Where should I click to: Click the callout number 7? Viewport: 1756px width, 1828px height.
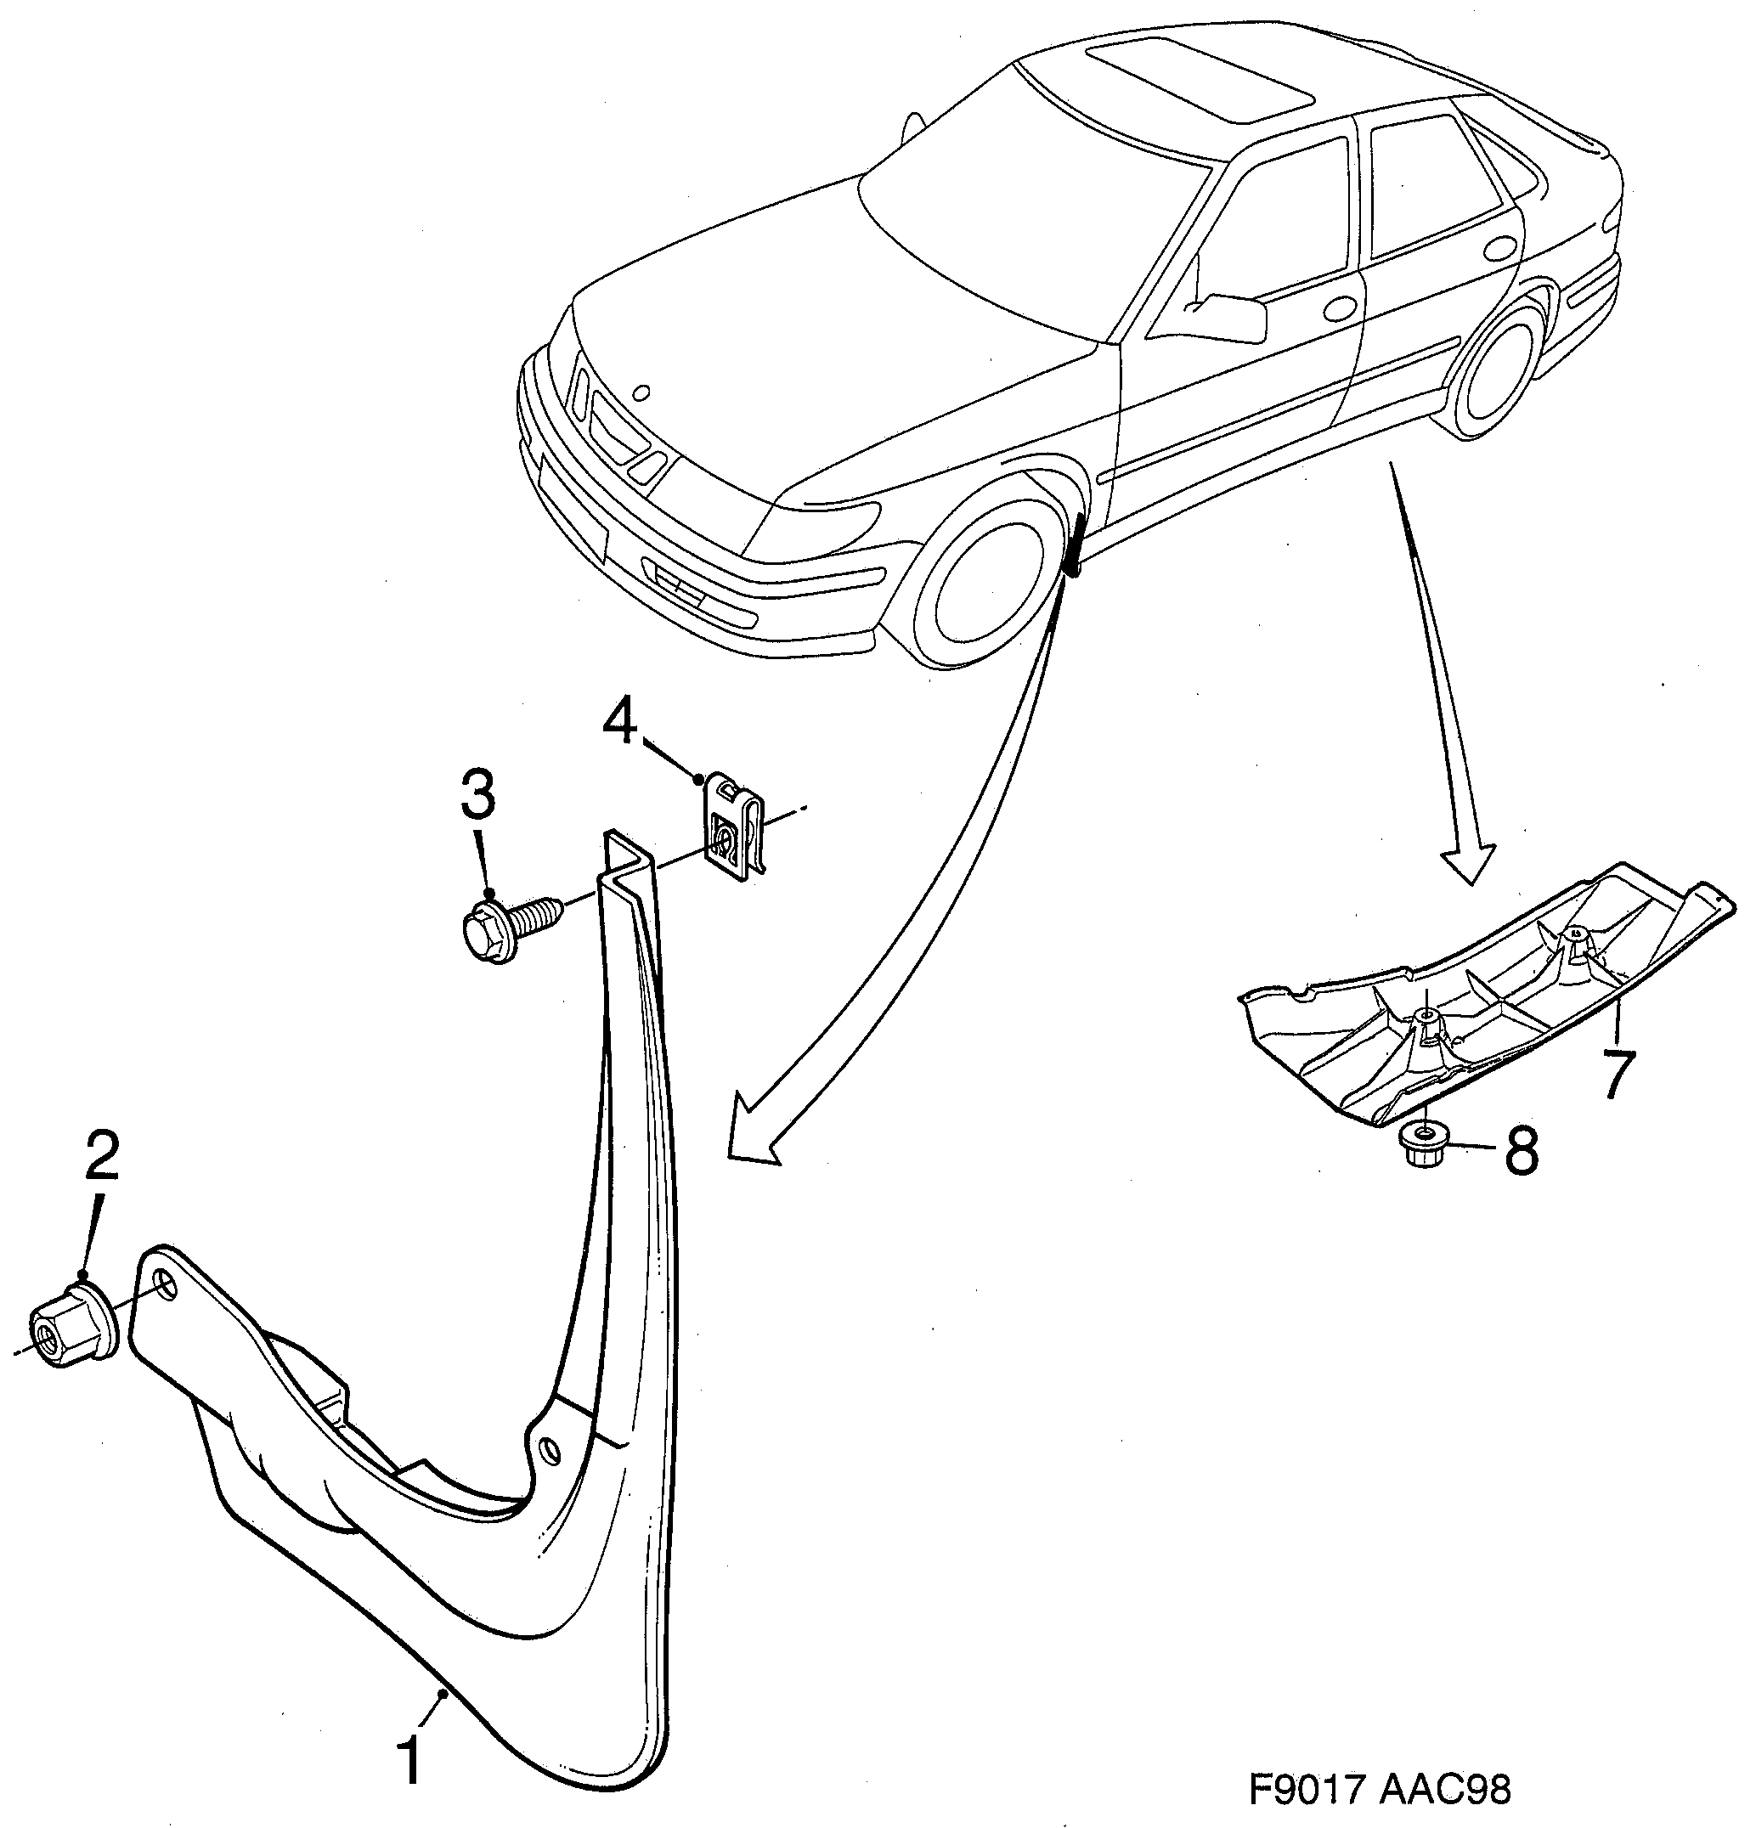click(x=1618, y=1075)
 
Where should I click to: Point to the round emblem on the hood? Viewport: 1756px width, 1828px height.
click(x=639, y=393)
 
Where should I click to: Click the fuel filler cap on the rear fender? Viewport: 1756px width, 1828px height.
click(x=1499, y=248)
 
